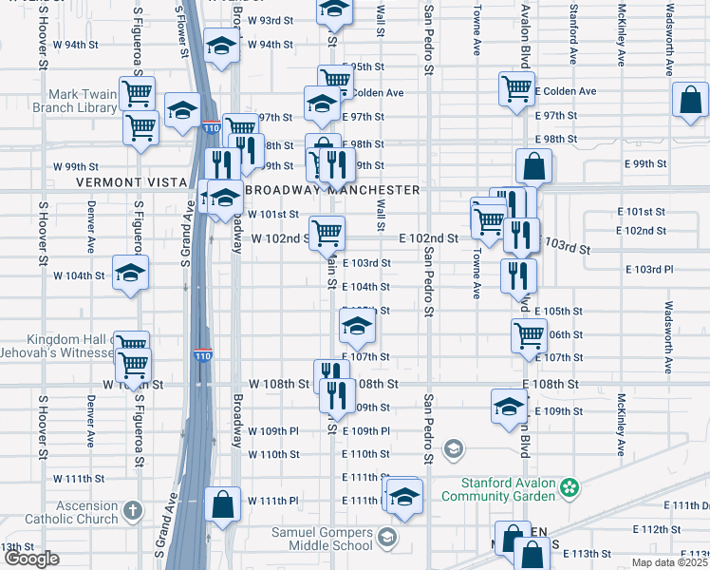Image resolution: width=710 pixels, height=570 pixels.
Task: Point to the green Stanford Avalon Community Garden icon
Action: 569,488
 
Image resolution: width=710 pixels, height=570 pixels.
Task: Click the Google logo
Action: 30,559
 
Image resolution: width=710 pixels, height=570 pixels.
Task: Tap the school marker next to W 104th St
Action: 130,273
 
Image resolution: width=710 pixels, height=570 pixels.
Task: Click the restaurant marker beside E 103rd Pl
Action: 518,275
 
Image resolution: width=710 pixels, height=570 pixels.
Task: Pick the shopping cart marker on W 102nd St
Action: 327,231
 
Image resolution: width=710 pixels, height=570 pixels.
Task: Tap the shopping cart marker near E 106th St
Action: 529,333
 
